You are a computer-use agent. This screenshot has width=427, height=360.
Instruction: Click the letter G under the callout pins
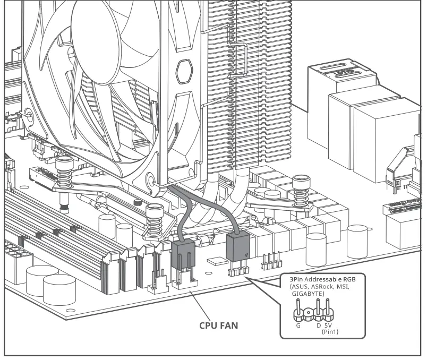298,325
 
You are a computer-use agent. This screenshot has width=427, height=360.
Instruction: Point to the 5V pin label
328,325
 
